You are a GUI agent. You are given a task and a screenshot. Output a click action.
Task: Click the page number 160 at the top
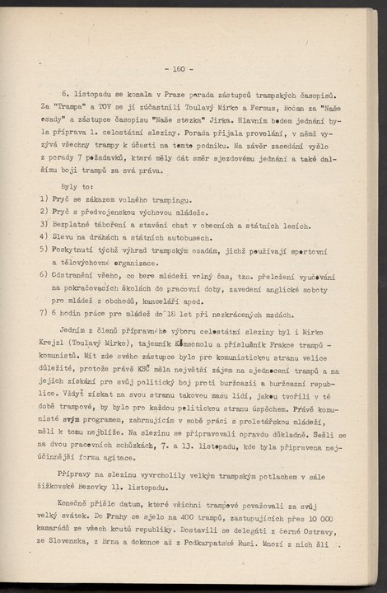(179, 69)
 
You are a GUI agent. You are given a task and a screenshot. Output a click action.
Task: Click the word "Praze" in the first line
(167, 96)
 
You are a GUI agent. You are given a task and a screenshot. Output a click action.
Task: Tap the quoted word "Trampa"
(68, 107)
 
